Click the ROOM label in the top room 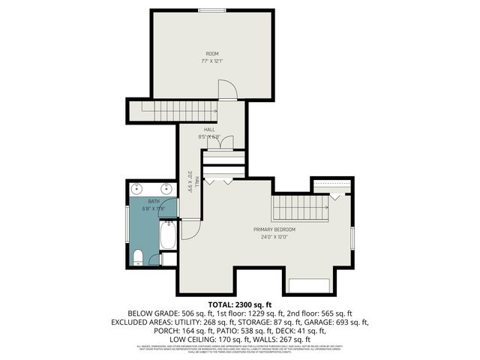(x=212, y=52)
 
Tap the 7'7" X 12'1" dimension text (x=212, y=61)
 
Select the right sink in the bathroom (x=166, y=187)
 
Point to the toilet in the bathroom (x=137, y=258)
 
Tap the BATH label (x=153, y=201)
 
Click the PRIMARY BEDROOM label (x=274, y=229)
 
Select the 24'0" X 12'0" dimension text (x=274, y=237)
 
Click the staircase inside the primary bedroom (x=299, y=207)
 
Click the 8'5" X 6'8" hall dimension (x=209, y=137)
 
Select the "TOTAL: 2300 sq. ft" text (x=239, y=304)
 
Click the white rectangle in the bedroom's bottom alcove (x=308, y=285)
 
